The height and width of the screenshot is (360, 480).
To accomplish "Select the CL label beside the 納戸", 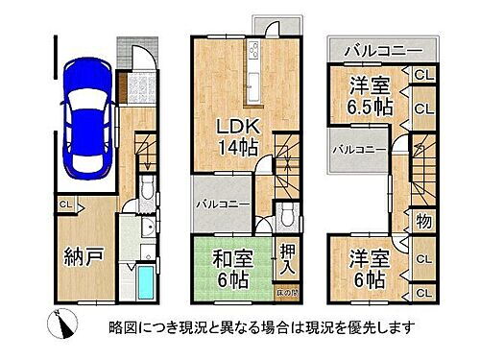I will [x=64, y=204].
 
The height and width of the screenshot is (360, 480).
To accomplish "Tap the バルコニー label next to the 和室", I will [x=224, y=204].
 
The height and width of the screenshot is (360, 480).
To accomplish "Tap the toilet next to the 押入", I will [x=288, y=213].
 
